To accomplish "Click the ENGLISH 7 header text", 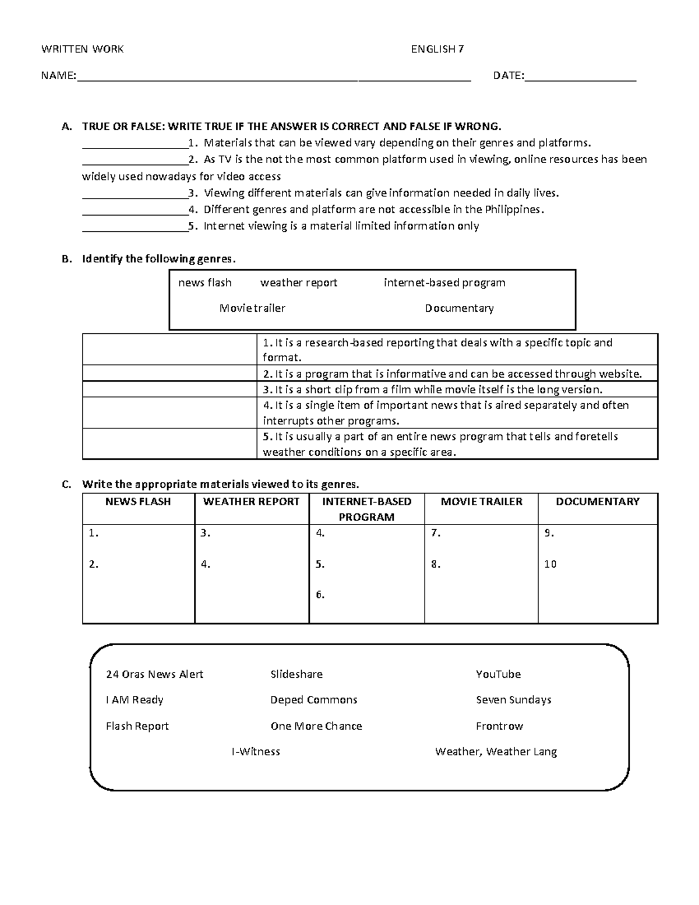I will (437, 50).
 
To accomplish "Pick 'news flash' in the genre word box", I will (204, 283).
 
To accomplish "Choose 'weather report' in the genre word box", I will (298, 283).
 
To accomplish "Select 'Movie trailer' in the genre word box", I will (252, 308).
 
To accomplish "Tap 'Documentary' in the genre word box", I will (459, 308).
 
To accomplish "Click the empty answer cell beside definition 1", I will (170, 349).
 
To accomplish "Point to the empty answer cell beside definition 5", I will (170, 444).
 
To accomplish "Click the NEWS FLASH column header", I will (138, 502).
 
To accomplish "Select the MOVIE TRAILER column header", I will (481, 502).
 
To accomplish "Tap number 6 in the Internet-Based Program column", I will (320, 595).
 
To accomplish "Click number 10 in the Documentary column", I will (550, 564).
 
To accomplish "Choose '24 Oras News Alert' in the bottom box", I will (154, 674).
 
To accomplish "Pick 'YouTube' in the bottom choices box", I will (498, 674).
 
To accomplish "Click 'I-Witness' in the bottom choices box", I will (256, 752).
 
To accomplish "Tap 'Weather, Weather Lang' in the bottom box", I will (496, 752).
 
